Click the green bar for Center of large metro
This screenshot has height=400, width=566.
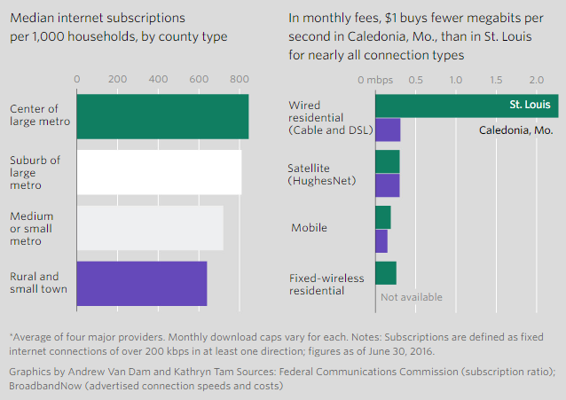(162, 115)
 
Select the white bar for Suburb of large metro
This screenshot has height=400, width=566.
(160, 172)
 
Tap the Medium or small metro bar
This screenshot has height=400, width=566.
(150, 228)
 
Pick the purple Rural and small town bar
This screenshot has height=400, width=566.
(142, 283)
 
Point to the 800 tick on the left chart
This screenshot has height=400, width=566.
(239, 79)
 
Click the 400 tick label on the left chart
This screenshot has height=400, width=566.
(158, 79)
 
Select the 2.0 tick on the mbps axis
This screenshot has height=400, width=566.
(536, 79)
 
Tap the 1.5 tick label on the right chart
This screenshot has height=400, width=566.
(496, 79)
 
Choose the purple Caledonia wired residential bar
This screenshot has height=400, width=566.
(388, 129)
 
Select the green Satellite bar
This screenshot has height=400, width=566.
(387, 161)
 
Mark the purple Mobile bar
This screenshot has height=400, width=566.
(381, 240)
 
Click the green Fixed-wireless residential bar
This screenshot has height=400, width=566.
(385, 272)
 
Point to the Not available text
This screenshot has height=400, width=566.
(411, 297)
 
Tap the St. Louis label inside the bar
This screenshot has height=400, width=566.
(531, 105)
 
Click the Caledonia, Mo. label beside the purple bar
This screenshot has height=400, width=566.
(515, 130)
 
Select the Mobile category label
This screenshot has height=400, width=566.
(309, 228)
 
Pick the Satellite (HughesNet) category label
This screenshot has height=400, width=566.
(320, 174)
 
